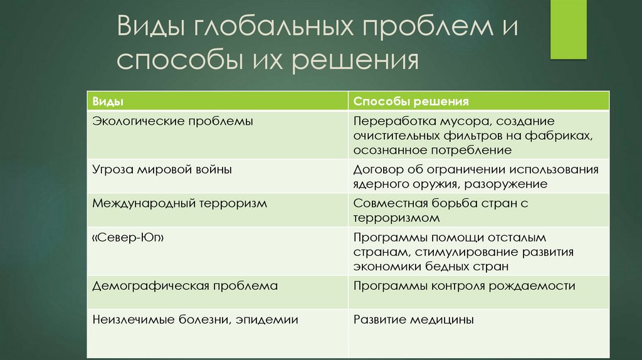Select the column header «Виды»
(107, 101)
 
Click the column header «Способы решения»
(411, 101)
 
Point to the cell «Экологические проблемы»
(172, 121)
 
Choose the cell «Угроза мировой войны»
(162, 169)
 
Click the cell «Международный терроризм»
(179, 203)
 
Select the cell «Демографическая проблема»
(184, 285)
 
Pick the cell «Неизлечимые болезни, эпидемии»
(195, 319)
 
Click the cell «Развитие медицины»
(413, 319)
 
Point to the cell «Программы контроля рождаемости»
(464, 285)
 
